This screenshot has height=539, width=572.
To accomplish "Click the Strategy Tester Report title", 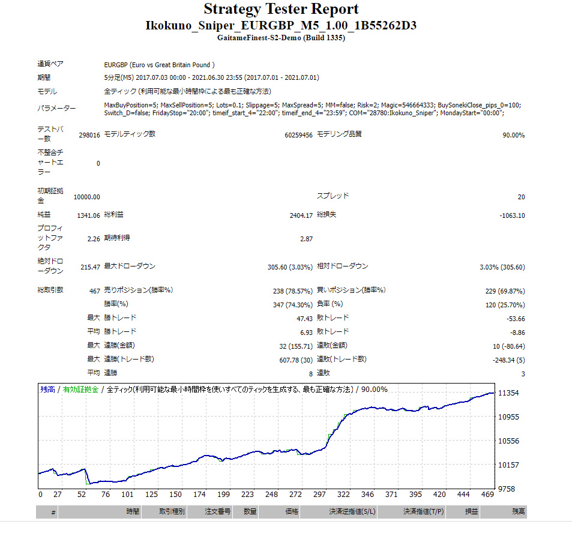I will pyautogui.click(x=281, y=9).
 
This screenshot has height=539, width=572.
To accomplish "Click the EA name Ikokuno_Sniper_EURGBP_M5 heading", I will pyautogui.click(x=281, y=25).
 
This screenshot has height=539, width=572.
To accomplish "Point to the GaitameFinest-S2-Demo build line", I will pyautogui.click(x=281, y=37).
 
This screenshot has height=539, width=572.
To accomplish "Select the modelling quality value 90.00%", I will pyautogui.click(x=513, y=135).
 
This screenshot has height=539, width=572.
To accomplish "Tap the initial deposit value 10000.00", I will pyautogui.click(x=87, y=197).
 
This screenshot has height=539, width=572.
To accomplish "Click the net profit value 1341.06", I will pyautogui.click(x=89, y=215).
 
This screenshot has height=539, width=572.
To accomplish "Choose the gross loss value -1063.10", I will pyautogui.click(x=511, y=215).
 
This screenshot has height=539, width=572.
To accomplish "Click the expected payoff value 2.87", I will pyautogui.click(x=306, y=239).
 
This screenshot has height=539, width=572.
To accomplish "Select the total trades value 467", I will pyautogui.click(x=94, y=291).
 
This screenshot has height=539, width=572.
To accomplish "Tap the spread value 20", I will pyautogui.click(x=520, y=197).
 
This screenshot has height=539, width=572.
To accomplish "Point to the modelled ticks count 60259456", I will pyautogui.click(x=298, y=135).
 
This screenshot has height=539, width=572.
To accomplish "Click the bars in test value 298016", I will pyautogui.click(x=89, y=135).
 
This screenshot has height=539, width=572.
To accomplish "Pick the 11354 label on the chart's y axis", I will pyautogui.click(x=508, y=393).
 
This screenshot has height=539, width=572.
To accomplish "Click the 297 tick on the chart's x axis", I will pyautogui.click(x=319, y=495).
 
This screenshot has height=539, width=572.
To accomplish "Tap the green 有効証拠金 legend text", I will pyautogui.click(x=80, y=390).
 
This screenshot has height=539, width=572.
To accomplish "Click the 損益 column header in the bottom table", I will pyautogui.click(x=471, y=512).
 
